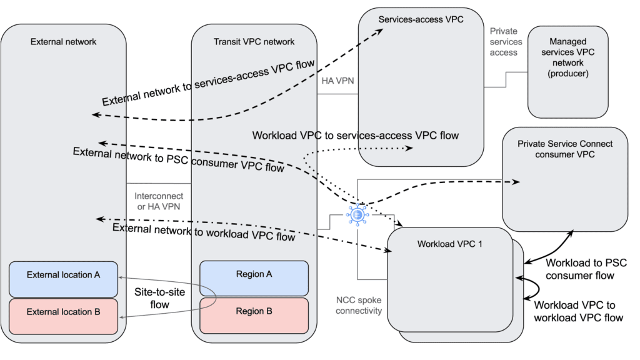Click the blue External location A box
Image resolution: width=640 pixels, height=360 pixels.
pyautogui.click(x=63, y=275)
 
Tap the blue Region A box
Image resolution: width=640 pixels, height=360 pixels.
pyautogui.click(x=254, y=275)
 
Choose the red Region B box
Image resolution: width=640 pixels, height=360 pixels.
pyautogui.click(x=254, y=311)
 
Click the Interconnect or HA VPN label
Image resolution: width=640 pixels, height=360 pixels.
pyautogui.click(x=159, y=202)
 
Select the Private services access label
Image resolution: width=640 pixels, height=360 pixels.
pyautogui.click(x=504, y=42)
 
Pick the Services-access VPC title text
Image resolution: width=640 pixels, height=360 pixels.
pyautogui.click(x=421, y=19)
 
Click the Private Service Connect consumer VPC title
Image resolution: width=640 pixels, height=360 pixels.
pyautogui.click(x=565, y=149)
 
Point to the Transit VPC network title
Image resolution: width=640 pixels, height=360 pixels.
pyautogui.click(x=253, y=42)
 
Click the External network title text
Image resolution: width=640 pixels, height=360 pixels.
pyautogui.click(x=63, y=42)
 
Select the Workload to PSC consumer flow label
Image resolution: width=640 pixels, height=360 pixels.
pyautogui.click(x=586, y=269)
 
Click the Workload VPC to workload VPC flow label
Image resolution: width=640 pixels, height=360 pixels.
pyautogui.click(x=578, y=311)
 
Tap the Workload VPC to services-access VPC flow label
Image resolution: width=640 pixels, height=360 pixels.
pyautogui.click(x=355, y=136)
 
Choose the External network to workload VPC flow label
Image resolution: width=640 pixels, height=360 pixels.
pyautogui.click(x=204, y=232)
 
